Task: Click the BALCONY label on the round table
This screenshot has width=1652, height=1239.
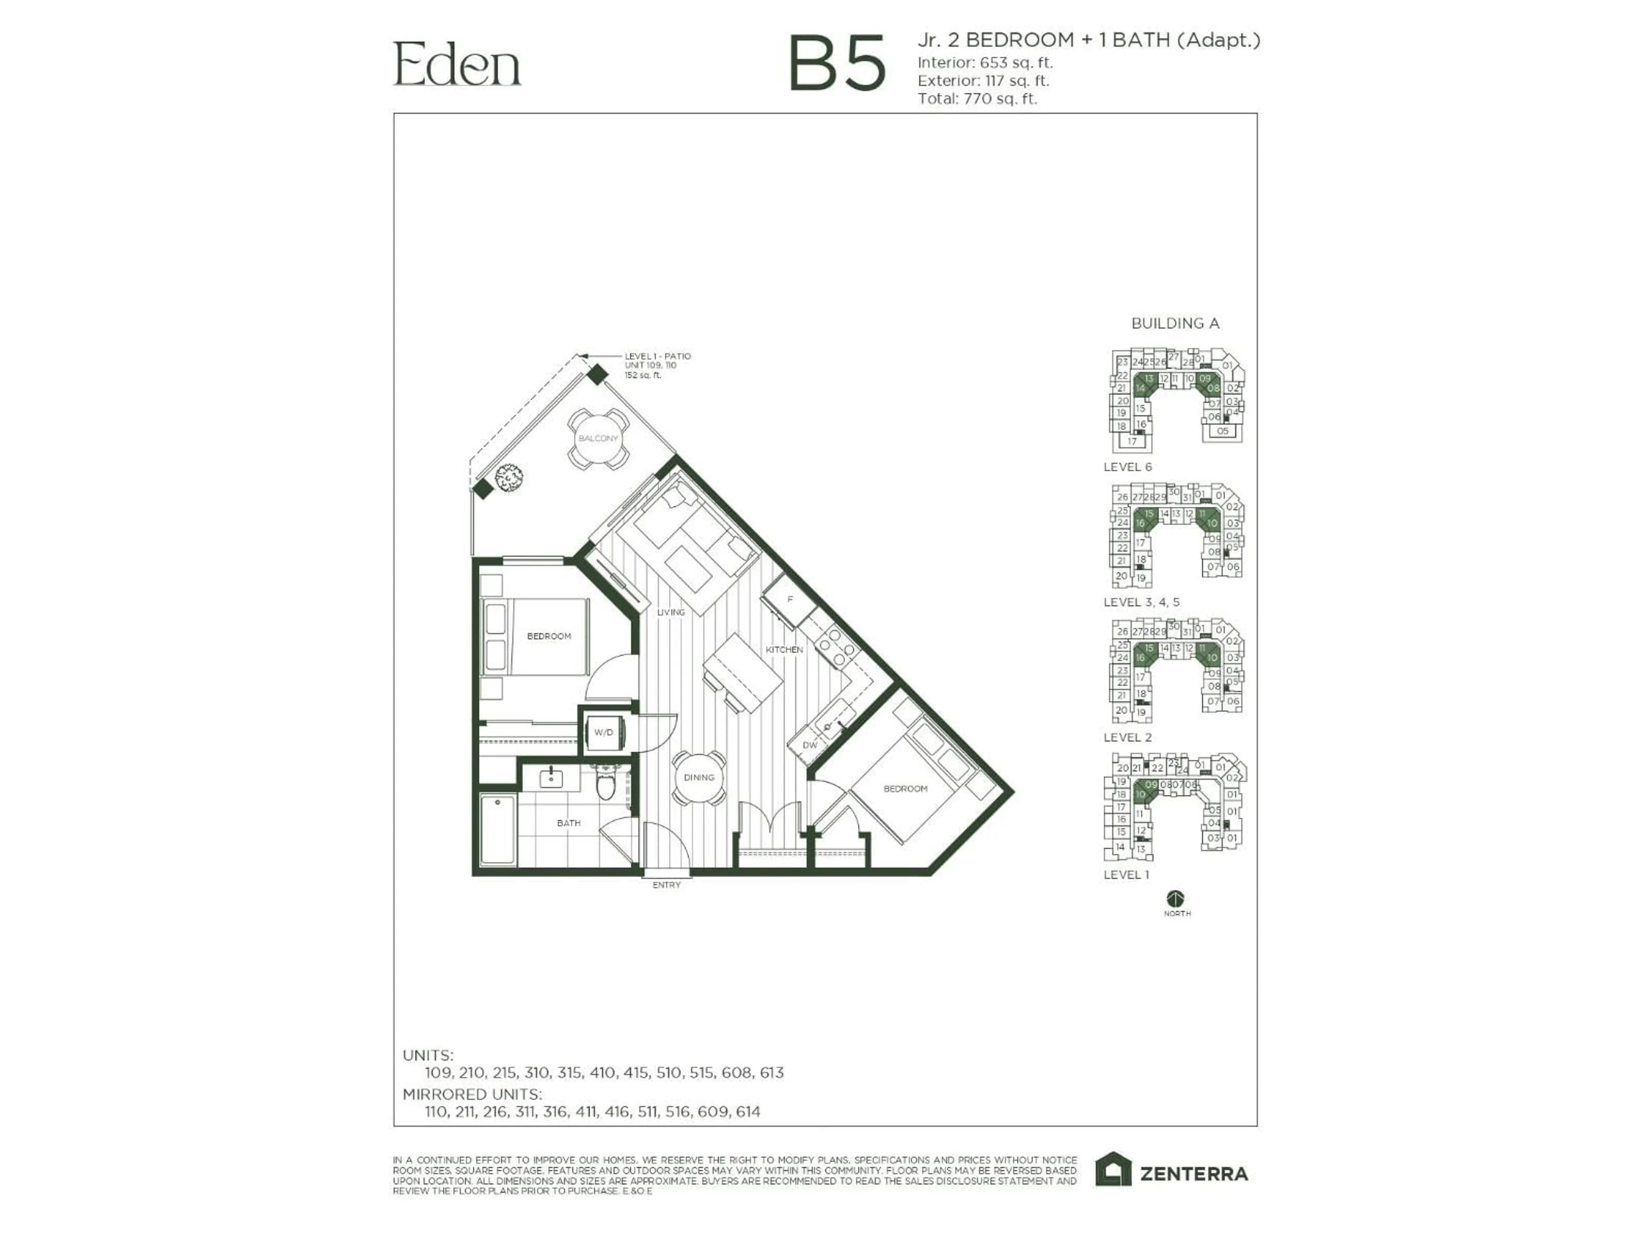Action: [598, 438]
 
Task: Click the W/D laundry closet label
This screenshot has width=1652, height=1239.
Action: [604, 733]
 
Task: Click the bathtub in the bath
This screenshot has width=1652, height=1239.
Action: [497, 829]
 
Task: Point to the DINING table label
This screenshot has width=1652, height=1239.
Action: [699, 777]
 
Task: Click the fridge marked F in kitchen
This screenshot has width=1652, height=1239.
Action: [789, 599]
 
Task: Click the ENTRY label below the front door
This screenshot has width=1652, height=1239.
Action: [666, 885]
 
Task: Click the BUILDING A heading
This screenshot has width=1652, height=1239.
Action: [1175, 324]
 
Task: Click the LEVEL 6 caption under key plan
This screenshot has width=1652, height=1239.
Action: [1128, 467]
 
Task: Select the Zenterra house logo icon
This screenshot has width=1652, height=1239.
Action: [1113, 1170]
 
